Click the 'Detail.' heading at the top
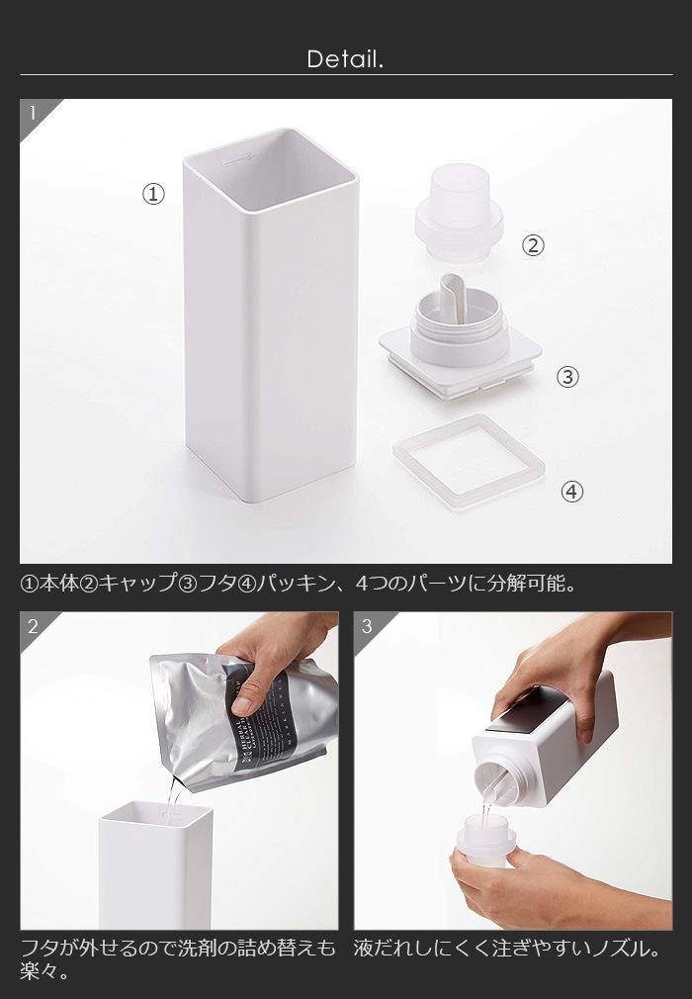click(x=345, y=59)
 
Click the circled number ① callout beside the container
click(x=153, y=195)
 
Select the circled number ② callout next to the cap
click(x=533, y=246)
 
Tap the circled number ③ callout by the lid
click(x=567, y=377)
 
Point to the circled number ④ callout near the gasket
click(x=572, y=492)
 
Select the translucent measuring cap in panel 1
click(x=460, y=218)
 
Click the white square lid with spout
click(x=460, y=346)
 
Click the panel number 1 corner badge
click(x=33, y=113)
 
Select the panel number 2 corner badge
click(x=33, y=626)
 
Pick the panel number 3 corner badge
click(x=367, y=626)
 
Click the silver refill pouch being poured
click(x=237, y=722)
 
